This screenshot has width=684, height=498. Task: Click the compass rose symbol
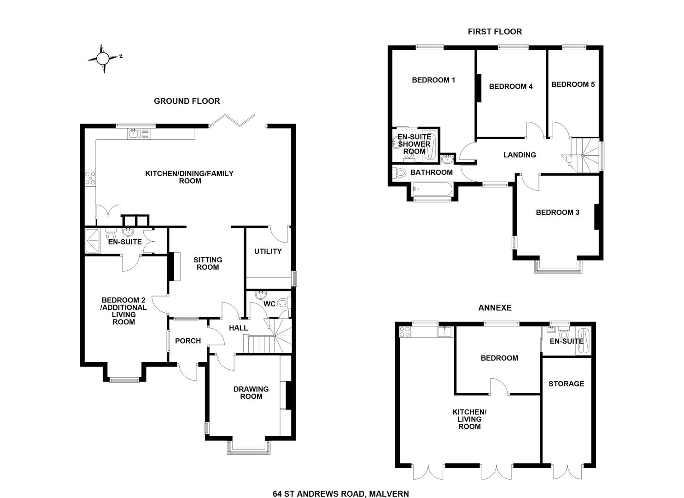(x=103, y=59)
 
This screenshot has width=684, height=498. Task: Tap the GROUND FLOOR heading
(x=187, y=101)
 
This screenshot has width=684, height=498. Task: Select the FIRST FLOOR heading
(x=495, y=31)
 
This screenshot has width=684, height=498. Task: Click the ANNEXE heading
(x=495, y=308)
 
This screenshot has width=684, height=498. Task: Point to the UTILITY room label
(x=268, y=251)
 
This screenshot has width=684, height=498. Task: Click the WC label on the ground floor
(x=269, y=304)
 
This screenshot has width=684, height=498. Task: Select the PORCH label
(x=188, y=341)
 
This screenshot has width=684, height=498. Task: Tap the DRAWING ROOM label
(x=251, y=392)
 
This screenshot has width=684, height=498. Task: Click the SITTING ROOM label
(x=207, y=263)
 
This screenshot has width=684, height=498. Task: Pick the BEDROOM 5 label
(x=573, y=84)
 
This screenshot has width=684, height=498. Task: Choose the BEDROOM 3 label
(x=557, y=213)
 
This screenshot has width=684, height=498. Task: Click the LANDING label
(x=519, y=155)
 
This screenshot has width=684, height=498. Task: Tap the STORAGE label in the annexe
(x=566, y=384)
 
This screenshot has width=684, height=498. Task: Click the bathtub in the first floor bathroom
(x=432, y=189)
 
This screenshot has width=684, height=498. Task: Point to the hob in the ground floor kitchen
(x=90, y=178)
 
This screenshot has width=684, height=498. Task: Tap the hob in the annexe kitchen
(x=405, y=331)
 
